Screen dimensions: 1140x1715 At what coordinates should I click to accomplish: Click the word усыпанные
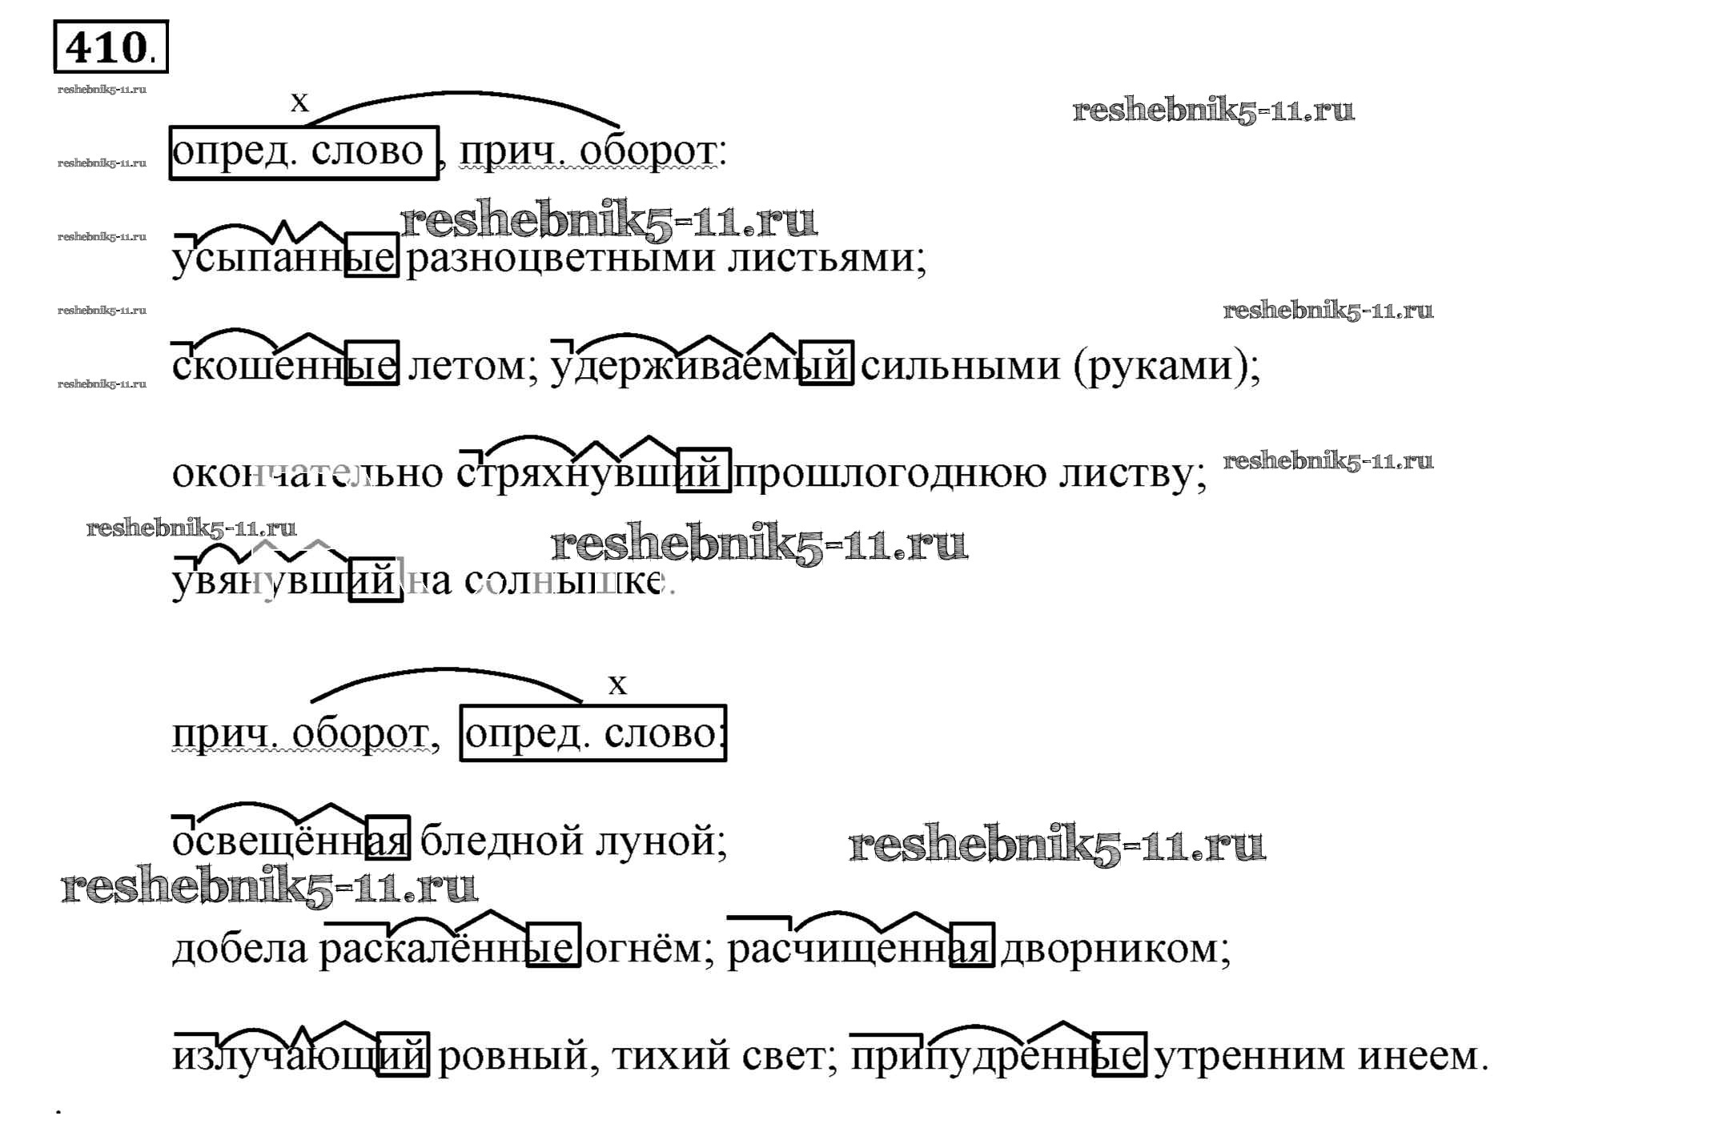(284, 258)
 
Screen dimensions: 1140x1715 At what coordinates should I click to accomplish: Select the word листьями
(825, 258)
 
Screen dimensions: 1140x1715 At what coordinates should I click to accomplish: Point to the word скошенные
(284, 365)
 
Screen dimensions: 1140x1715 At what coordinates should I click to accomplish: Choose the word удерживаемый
(701, 365)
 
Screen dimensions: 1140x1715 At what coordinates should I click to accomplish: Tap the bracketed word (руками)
(1165, 365)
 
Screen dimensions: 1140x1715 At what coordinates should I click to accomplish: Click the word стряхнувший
(592, 472)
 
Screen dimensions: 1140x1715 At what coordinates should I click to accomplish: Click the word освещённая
(290, 841)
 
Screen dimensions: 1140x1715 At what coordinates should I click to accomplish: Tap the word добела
(239, 949)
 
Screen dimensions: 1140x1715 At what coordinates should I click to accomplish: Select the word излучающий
(300, 1056)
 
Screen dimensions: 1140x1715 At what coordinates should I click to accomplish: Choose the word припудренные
(998, 1056)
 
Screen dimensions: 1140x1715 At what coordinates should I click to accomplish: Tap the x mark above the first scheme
(299, 102)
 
